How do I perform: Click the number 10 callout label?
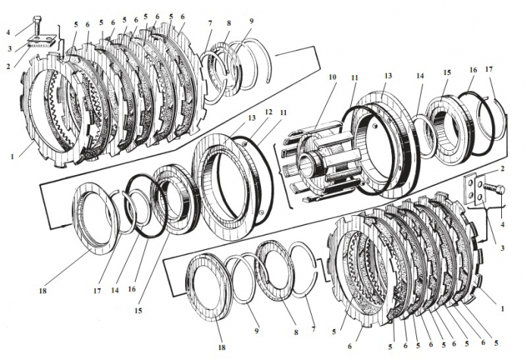[x=332, y=77]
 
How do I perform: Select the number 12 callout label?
[x=268, y=112]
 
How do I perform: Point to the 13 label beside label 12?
[x=252, y=117]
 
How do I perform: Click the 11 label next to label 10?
[x=355, y=78]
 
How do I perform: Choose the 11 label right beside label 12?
[x=284, y=112]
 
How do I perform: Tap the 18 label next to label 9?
[x=221, y=347]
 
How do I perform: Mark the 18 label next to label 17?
[x=42, y=290]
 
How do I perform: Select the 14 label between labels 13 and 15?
[x=420, y=76]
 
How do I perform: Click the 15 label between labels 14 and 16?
[x=447, y=73]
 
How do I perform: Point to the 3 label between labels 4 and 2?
[x=10, y=49]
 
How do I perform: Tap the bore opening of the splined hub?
[x=306, y=168]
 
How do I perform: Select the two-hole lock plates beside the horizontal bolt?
[x=473, y=189]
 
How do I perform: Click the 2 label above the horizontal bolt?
[x=503, y=169]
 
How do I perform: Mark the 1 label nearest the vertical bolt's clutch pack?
[x=12, y=156]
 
